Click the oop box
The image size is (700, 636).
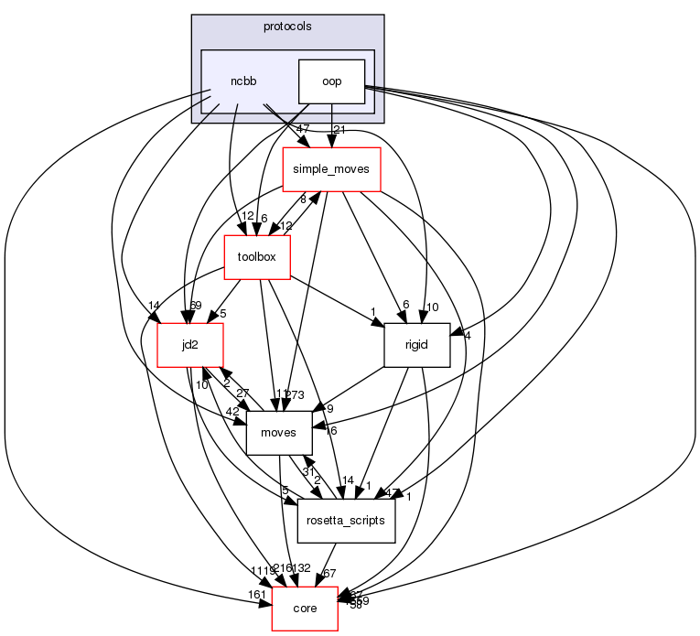331,81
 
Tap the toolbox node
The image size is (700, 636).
257,257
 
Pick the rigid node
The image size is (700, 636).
415,345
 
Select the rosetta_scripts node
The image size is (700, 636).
346,521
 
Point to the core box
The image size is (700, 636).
305,609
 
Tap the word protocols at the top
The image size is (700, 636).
287,27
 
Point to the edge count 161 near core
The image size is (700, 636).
257,596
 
